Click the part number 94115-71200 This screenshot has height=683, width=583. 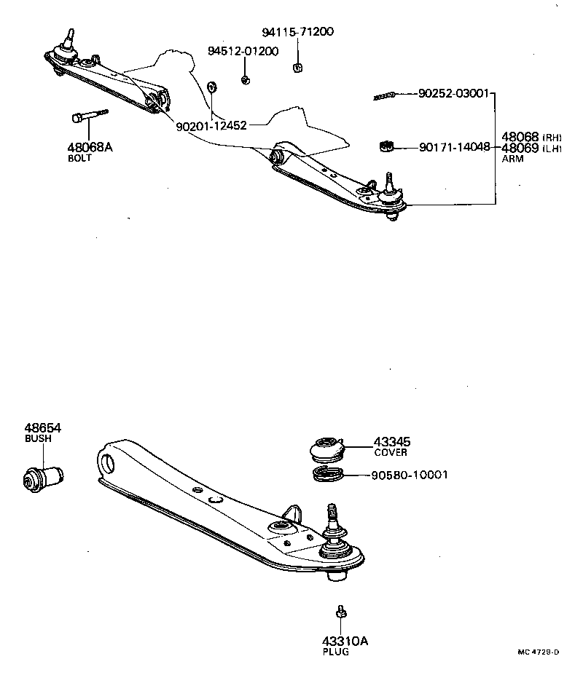[298, 33]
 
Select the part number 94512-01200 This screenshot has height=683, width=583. [243, 52]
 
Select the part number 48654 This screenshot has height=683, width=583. [42, 428]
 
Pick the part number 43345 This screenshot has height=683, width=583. [392, 441]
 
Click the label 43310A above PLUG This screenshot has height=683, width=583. [345, 641]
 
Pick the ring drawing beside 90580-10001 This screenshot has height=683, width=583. [327, 475]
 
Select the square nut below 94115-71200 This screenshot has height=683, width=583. [297, 68]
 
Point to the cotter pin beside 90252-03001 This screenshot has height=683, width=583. [384, 96]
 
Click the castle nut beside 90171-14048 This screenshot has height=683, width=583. [387, 146]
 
